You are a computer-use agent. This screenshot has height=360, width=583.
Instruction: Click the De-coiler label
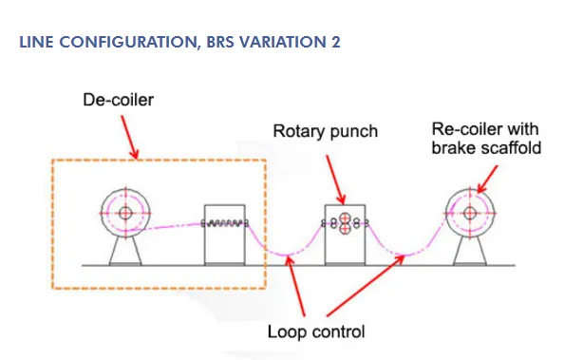pos(119,100)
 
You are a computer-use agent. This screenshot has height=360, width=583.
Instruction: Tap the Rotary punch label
pos(326,132)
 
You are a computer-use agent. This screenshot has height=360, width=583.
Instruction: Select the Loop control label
pos(316,332)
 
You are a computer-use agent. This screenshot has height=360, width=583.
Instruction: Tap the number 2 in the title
pos(335,42)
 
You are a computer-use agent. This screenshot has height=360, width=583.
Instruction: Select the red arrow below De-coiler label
pos(130,137)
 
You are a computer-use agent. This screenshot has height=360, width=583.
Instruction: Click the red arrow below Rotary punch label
pos(336,180)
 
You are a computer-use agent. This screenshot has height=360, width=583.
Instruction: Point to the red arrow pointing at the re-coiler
pos(487,180)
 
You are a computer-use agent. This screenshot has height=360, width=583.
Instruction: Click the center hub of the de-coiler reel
pos(125,213)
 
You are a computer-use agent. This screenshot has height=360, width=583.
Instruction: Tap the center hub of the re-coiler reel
pos(470,213)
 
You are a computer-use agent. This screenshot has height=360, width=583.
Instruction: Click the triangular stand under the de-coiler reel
pos(125,252)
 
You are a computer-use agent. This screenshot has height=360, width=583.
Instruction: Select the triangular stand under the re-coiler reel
pos(470,252)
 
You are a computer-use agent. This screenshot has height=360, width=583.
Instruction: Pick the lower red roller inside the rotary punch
pos(345,229)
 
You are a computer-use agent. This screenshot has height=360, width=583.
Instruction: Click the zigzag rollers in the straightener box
pos(225,223)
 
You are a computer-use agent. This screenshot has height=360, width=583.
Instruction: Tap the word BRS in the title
pos(220,42)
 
